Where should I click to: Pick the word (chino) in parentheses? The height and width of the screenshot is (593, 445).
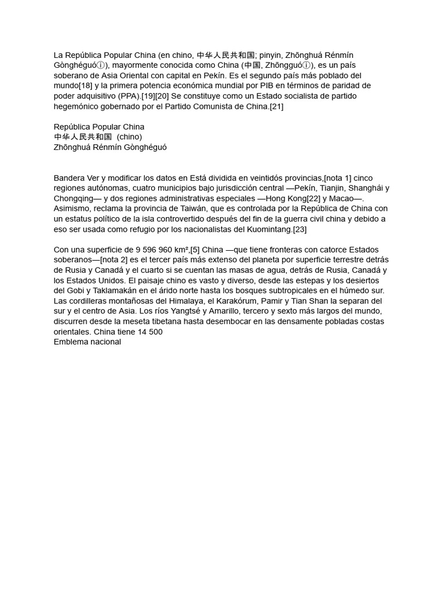click(129, 137)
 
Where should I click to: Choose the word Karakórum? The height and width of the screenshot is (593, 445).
click(243, 301)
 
